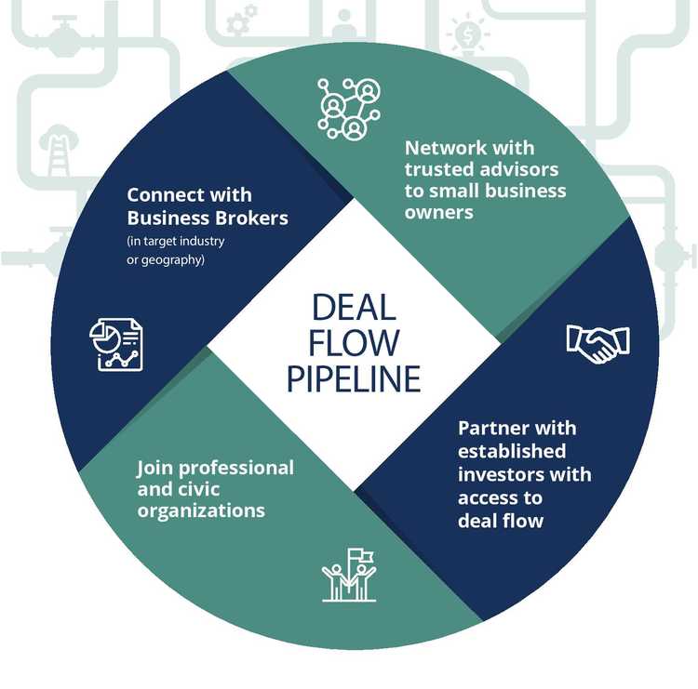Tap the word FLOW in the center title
pos(354,344)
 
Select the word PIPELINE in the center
pos(354,379)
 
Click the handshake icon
pos(597,343)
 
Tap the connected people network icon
pos(351,105)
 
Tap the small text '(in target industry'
pos(176,242)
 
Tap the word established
pos(512,452)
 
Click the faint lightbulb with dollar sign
pos(468,35)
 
